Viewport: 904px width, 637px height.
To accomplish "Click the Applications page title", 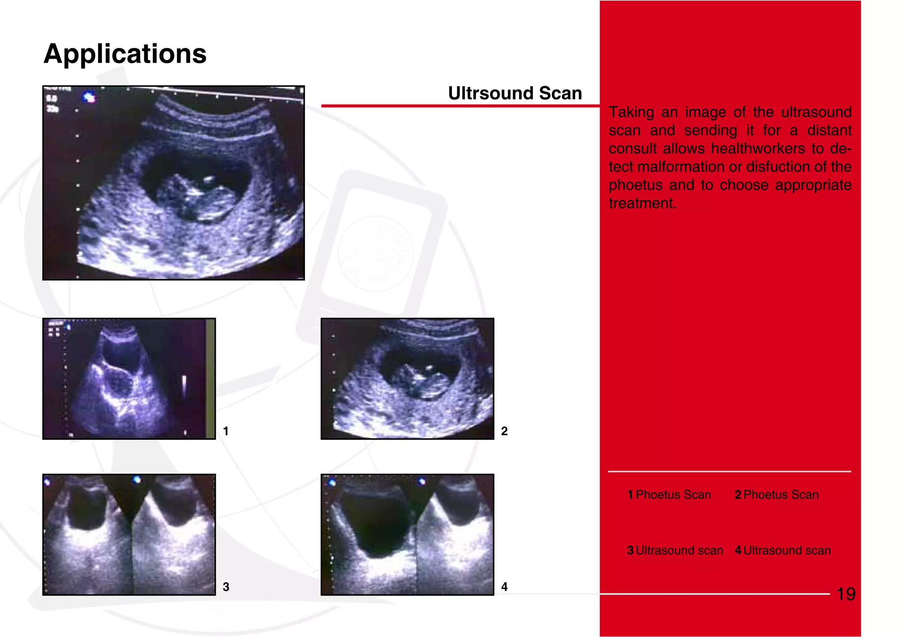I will tap(125, 54).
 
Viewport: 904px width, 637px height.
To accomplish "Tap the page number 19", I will tap(846, 594).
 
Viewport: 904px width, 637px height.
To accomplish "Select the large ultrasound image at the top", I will tap(173, 183).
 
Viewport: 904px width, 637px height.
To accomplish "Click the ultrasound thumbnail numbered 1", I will tap(129, 378).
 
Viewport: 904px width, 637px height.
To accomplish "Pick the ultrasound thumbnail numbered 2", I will tap(407, 378).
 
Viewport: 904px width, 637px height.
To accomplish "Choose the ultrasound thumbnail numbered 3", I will tap(129, 535).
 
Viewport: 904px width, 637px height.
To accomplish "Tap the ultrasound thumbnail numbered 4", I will tap(407, 535).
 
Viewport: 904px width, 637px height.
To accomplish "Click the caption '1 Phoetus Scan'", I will tap(669, 495).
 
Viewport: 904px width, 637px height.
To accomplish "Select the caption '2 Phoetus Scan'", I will tap(776, 495).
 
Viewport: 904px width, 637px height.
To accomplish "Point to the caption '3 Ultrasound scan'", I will tap(675, 550).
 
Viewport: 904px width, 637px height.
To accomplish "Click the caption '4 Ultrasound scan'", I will tap(783, 550).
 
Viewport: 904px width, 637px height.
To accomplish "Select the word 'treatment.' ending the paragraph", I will tap(642, 204).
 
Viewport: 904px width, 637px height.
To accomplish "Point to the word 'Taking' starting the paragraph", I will tap(631, 113).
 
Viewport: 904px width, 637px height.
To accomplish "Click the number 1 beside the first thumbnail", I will tap(226, 431).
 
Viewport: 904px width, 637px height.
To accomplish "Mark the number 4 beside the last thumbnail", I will tap(504, 587).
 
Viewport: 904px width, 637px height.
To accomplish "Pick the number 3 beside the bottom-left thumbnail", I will tap(226, 587).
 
